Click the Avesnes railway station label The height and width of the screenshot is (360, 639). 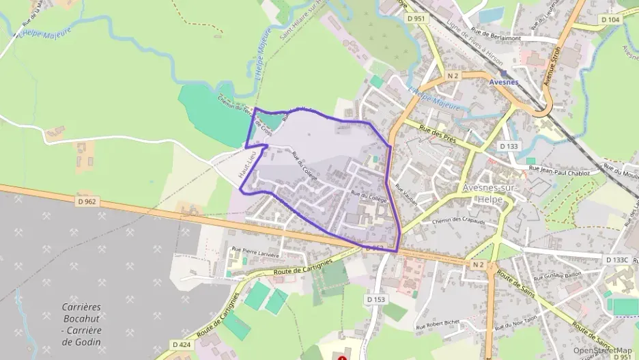[505, 82]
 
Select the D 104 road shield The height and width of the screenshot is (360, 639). [612, 20]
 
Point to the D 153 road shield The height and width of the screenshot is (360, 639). [376, 299]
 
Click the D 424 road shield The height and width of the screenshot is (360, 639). [181, 344]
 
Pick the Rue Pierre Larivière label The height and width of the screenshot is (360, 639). [256, 251]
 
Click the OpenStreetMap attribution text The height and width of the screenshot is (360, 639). [602, 350]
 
